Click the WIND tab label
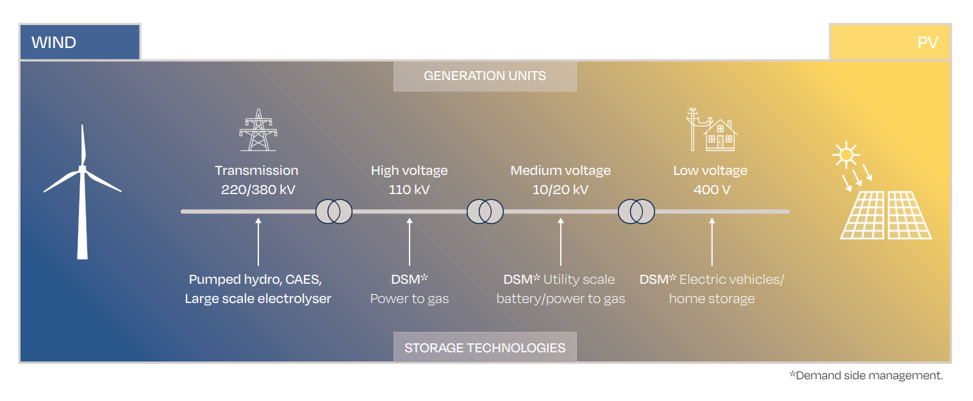[x=54, y=43]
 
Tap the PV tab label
[x=927, y=43]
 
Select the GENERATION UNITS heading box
[x=485, y=76]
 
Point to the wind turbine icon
[x=82, y=192]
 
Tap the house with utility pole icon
[x=711, y=130]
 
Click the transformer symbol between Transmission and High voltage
[x=334, y=211]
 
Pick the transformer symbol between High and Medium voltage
[x=485, y=211]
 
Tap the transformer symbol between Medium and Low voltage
[x=636, y=211]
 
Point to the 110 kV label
[x=409, y=190]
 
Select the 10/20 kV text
[x=560, y=190]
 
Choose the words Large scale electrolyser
[x=258, y=299]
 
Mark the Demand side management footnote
[x=866, y=375]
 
